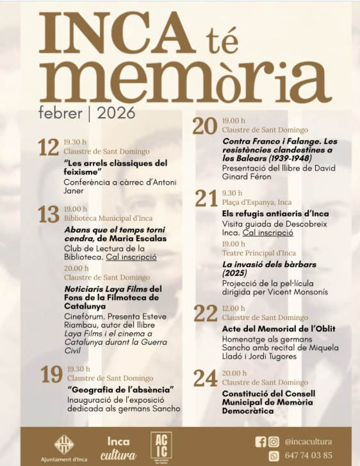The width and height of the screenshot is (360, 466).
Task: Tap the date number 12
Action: click(x=48, y=148)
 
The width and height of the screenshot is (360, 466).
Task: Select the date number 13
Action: click(x=48, y=214)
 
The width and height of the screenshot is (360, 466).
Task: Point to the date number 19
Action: click(x=52, y=374)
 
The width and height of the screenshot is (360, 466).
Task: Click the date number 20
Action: click(x=205, y=126)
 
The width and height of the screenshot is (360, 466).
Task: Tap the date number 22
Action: click(x=206, y=313)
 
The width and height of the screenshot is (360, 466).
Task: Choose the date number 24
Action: click(x=206, y=379)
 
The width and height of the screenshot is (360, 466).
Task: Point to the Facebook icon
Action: click(x=260, y=442)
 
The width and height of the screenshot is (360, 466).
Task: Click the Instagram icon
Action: click(x=274, y=442)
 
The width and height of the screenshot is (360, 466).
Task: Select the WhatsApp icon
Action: click(x=274, y=456)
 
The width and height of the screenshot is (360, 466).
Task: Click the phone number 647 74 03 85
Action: click(x=309, y=456)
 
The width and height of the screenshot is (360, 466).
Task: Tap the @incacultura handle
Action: click(x=309, y=442)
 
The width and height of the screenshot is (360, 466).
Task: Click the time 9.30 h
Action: click(x=232, y=193)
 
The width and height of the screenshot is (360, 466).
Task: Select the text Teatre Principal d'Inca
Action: click(x=259, y=253)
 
